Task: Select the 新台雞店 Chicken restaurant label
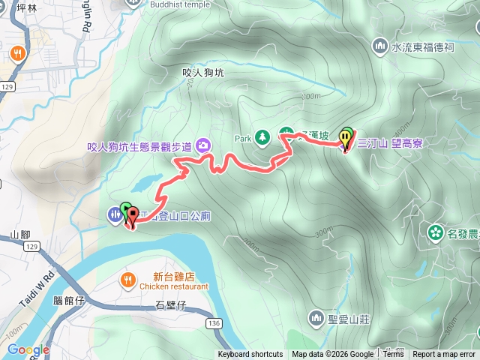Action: (x=169, y=281)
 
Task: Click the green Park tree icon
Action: (x=262, y=137)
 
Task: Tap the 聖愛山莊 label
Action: (x=349, y=318)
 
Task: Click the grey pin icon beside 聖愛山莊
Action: (x=315, y=317)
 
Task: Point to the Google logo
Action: (x=28, y=349)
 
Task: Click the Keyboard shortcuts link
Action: (x=250, y=355)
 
